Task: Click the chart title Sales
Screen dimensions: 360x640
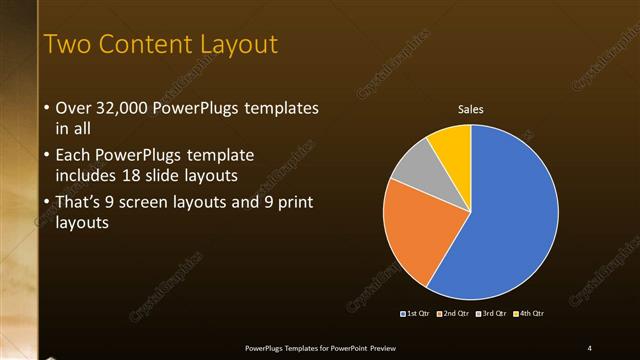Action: [x=470, y=109]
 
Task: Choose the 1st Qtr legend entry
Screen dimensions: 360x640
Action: [x=416, y=314]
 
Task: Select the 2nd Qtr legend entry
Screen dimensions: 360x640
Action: [x=454, y=314]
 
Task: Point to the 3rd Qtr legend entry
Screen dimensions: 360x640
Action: [x=492, y=314]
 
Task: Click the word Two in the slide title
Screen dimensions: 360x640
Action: [x=68, y=44]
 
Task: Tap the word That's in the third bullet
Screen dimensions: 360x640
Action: [x=81, y=203]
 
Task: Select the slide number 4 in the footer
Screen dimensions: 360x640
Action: [x=589, y=347]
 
